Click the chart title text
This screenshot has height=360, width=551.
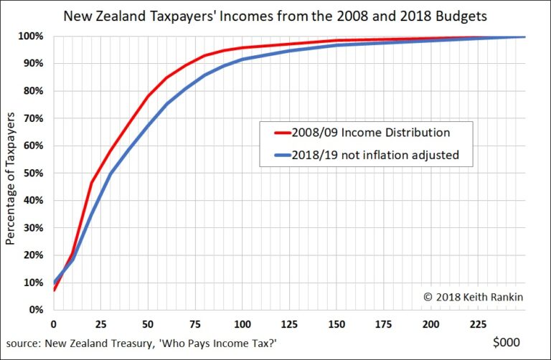(275, 16)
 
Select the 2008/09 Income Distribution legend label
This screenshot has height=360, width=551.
(371, 133)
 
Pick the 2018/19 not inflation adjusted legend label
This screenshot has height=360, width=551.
(375, 155)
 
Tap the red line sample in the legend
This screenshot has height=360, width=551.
(283, 133)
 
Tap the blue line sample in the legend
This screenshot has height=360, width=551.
(283, 155)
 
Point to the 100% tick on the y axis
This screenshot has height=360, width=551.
(31, 36)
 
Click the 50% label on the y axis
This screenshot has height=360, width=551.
(34, 173)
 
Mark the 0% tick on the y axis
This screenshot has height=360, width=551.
(36, 310)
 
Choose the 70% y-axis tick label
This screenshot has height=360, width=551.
(34, 118)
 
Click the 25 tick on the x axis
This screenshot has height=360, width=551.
(101, 324)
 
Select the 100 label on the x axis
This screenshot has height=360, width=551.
(242, 324)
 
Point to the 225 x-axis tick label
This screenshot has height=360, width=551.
(479, 324)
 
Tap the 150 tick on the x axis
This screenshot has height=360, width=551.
(336, 324)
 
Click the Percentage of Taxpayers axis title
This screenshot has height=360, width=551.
(10, 179)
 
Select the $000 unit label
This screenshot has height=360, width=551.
(507, 342)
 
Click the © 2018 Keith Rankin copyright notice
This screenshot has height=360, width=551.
(474, 297)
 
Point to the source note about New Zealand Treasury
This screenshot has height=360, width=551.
(141, 343)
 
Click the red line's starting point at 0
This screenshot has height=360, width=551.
(54, 290)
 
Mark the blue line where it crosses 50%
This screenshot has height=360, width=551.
(110, 173)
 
